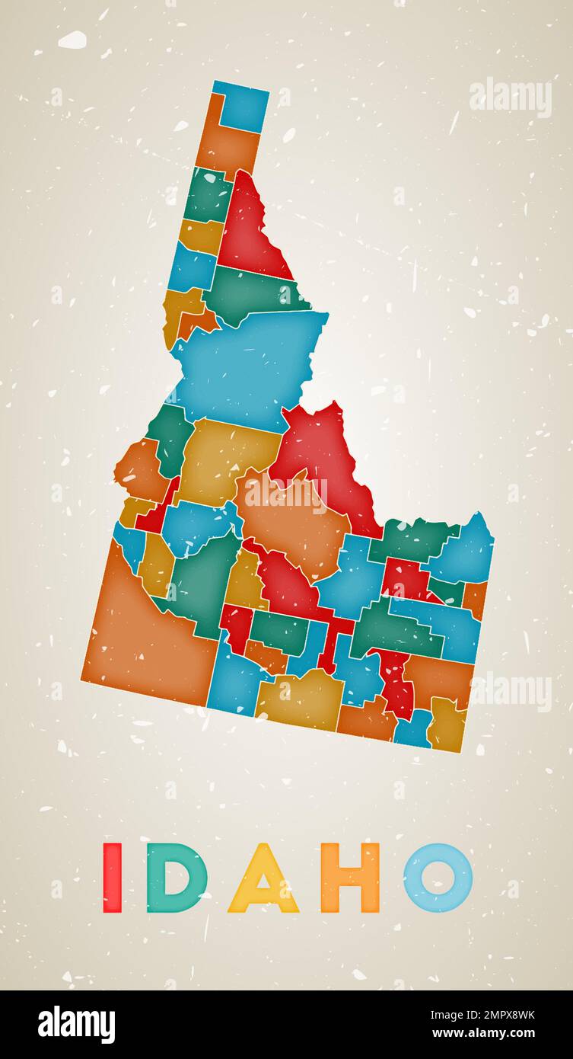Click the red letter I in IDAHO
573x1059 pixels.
(x=112, y=878)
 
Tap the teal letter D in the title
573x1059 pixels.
(x=176, y=878)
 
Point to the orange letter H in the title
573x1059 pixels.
(x=350, y=878)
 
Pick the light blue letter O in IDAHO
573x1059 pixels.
(x=438, y=878)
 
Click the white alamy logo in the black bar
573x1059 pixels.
(x=77, y=1025)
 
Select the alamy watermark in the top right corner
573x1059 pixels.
(x=510, y=98)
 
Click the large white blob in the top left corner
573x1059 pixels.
(x=72, y=40)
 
